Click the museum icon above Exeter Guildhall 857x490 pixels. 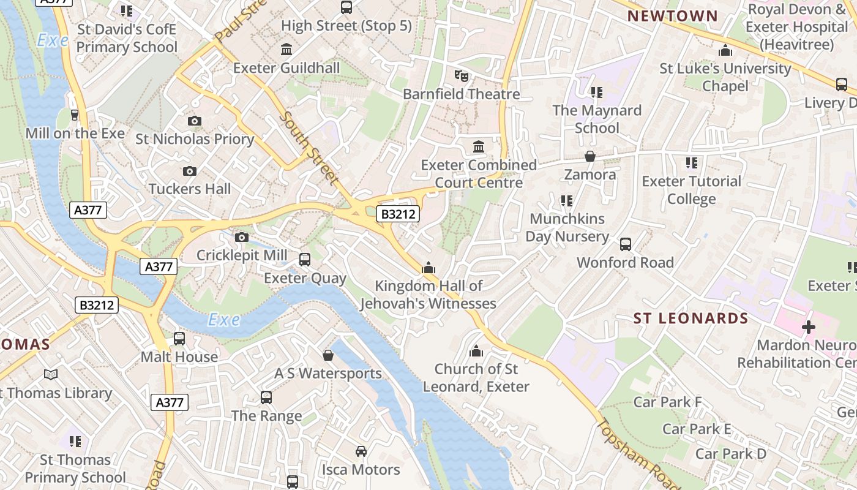click(x=286, y=49)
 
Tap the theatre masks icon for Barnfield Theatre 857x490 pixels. click(x=461, y=75)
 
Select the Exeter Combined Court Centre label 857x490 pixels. click(x=479, y=173)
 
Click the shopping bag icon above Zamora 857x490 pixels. click(x=590, y=156)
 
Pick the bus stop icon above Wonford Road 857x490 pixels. click(x=625, y=244)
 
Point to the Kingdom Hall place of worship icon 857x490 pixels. click(x=428, y=268)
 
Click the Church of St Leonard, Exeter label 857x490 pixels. click(x=476, y=378)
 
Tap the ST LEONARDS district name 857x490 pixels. click(x=690, y=318)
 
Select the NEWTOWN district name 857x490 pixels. click(x=673, y=16)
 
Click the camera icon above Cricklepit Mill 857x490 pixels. click(x=242, y=237)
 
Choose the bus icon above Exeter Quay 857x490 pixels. click(x=305, y=260)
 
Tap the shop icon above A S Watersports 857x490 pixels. click(x=328, y=355)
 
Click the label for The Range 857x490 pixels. click(x=266, y=416)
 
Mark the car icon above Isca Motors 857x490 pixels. click(x=361, y=451)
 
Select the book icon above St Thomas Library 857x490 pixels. click(x=51, y=374)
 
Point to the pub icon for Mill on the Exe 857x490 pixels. click(x=75, y=115)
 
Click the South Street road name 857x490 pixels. click(x=309, y=148)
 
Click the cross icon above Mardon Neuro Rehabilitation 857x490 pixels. click(x=809, y=326)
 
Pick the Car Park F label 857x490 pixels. click(x=667, y=402)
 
